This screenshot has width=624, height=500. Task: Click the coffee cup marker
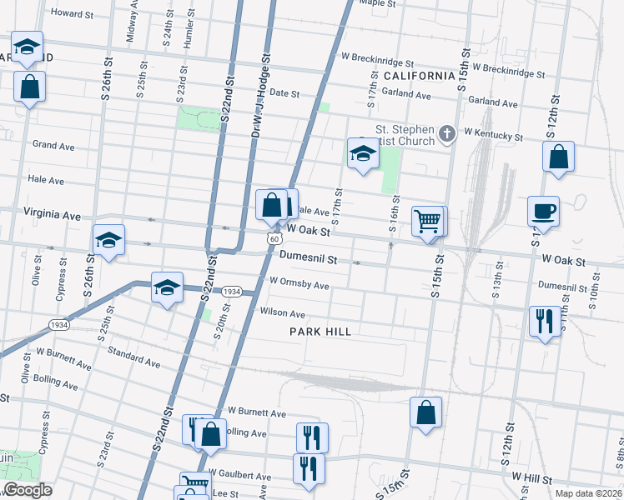(x=543, y=211)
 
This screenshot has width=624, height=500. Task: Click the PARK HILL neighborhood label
(x=320, y=332)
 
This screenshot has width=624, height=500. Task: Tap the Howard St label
(x=72, y=13)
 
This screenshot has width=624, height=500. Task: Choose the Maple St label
(x=376, y=3)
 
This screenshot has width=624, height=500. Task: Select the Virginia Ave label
(x=53, y=215)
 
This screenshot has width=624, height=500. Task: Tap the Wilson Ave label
(x=283, y=313)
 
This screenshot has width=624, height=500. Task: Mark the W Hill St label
(x=533, y=477)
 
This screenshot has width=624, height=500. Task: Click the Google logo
(x=27, y=490)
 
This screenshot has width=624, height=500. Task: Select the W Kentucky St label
(x=493, y=133)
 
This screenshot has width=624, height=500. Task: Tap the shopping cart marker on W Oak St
(x=427, y=221)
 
